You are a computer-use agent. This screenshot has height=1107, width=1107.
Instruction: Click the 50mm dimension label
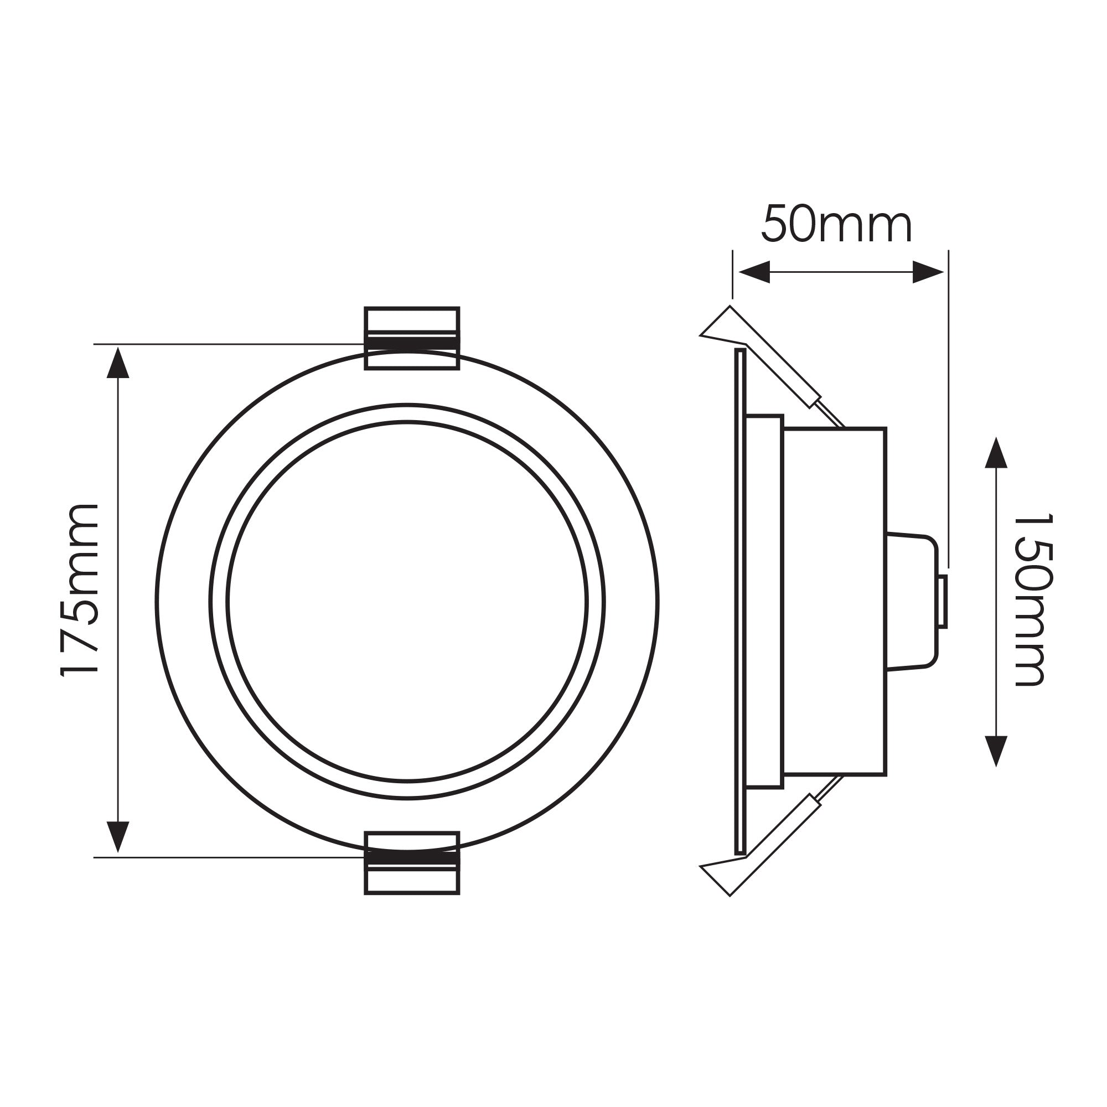[x=836, y=224]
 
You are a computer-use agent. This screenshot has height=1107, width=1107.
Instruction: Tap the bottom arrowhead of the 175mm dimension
[x=118, y=836]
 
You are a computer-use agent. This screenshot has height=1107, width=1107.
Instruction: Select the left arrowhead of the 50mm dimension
[x=752, y=272]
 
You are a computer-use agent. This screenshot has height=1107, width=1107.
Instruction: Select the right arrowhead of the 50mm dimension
[x=928, y=272]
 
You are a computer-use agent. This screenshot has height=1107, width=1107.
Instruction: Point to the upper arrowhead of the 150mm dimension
[x=996, y=454]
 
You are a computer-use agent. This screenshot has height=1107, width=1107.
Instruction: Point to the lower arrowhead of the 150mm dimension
[x=996, y=751]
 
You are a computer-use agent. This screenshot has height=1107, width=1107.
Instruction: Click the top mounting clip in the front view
[x=412, y=338]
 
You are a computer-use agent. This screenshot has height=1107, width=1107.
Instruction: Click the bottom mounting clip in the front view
[x=412, y=863]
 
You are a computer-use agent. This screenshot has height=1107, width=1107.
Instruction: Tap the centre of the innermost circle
[x=407, y=602]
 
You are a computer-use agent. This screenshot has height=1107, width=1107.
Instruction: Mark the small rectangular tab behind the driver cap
[x=943, y=602]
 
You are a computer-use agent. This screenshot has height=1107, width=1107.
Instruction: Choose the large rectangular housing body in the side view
[x=835, y=602]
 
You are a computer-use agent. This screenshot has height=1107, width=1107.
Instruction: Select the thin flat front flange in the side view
[x=740, y=602]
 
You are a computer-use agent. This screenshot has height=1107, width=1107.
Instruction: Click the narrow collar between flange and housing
[x=765, y=602]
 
